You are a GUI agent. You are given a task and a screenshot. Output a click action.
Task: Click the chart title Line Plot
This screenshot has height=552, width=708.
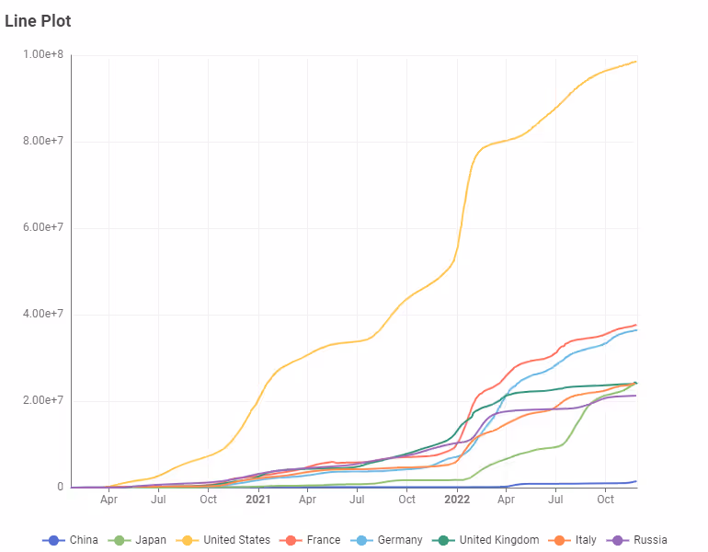point(38,21)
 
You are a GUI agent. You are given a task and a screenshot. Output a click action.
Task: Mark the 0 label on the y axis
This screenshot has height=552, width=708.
point(60,487)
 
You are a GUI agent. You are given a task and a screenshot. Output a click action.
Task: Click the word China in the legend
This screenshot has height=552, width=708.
point(84,540)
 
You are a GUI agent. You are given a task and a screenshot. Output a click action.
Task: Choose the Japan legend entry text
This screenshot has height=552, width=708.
point(151,540)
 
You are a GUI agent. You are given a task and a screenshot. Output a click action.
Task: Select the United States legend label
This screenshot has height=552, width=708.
point(236,540)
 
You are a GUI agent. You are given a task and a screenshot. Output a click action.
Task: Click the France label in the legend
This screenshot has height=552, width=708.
point(325,540)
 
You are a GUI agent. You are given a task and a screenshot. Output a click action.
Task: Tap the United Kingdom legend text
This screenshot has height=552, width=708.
point(500,540)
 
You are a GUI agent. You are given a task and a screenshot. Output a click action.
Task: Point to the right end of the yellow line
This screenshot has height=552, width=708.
point(636,62)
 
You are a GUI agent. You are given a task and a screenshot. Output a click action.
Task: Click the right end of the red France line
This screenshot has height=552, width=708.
point(636,325)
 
